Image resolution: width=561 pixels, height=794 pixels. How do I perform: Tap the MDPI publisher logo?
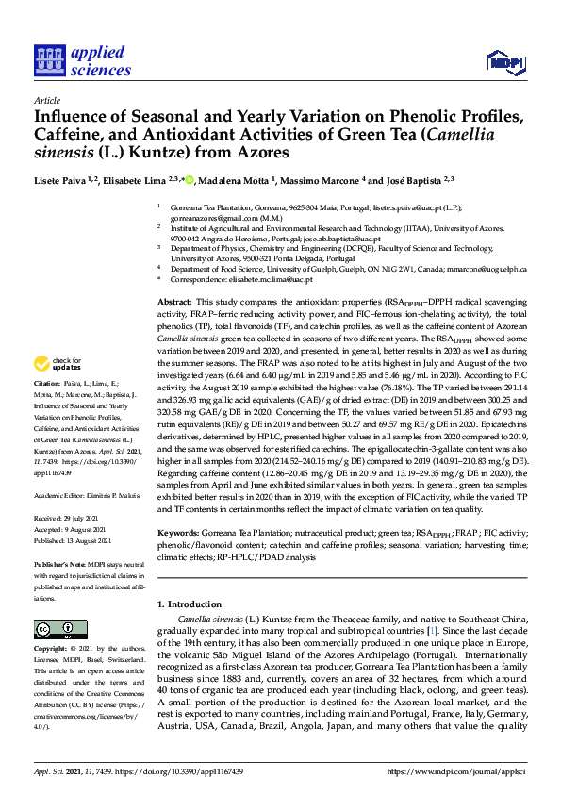(x=506, y=63)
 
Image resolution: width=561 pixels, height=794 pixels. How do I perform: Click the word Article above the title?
(x=46, y=99)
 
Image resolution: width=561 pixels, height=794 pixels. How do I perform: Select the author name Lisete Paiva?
(x=63, y=180)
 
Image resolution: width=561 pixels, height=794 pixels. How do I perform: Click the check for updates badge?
(x=58, y=364)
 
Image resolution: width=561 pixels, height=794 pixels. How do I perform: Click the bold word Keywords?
(x=179, y=533)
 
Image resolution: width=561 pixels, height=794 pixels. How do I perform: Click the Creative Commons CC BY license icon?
(x=55, y=628)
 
